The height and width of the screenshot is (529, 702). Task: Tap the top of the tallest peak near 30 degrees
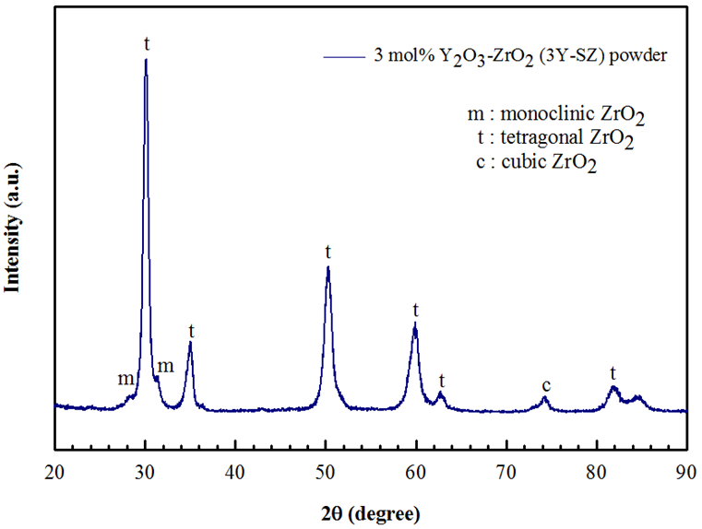coord(146,61)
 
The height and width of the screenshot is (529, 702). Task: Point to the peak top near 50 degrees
coord(327,267)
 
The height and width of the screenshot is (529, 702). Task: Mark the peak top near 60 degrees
coord(415,324)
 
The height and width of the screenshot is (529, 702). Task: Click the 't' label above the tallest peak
coord(146,43)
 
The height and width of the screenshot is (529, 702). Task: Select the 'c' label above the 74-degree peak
coord(546,384)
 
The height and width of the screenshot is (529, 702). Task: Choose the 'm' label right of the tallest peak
coord(165,367)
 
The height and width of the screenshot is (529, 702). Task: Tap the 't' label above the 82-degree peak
coord(613,372)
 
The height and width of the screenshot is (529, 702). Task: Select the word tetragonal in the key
coord(540,140)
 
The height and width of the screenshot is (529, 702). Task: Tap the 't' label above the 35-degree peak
coord(191,331)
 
